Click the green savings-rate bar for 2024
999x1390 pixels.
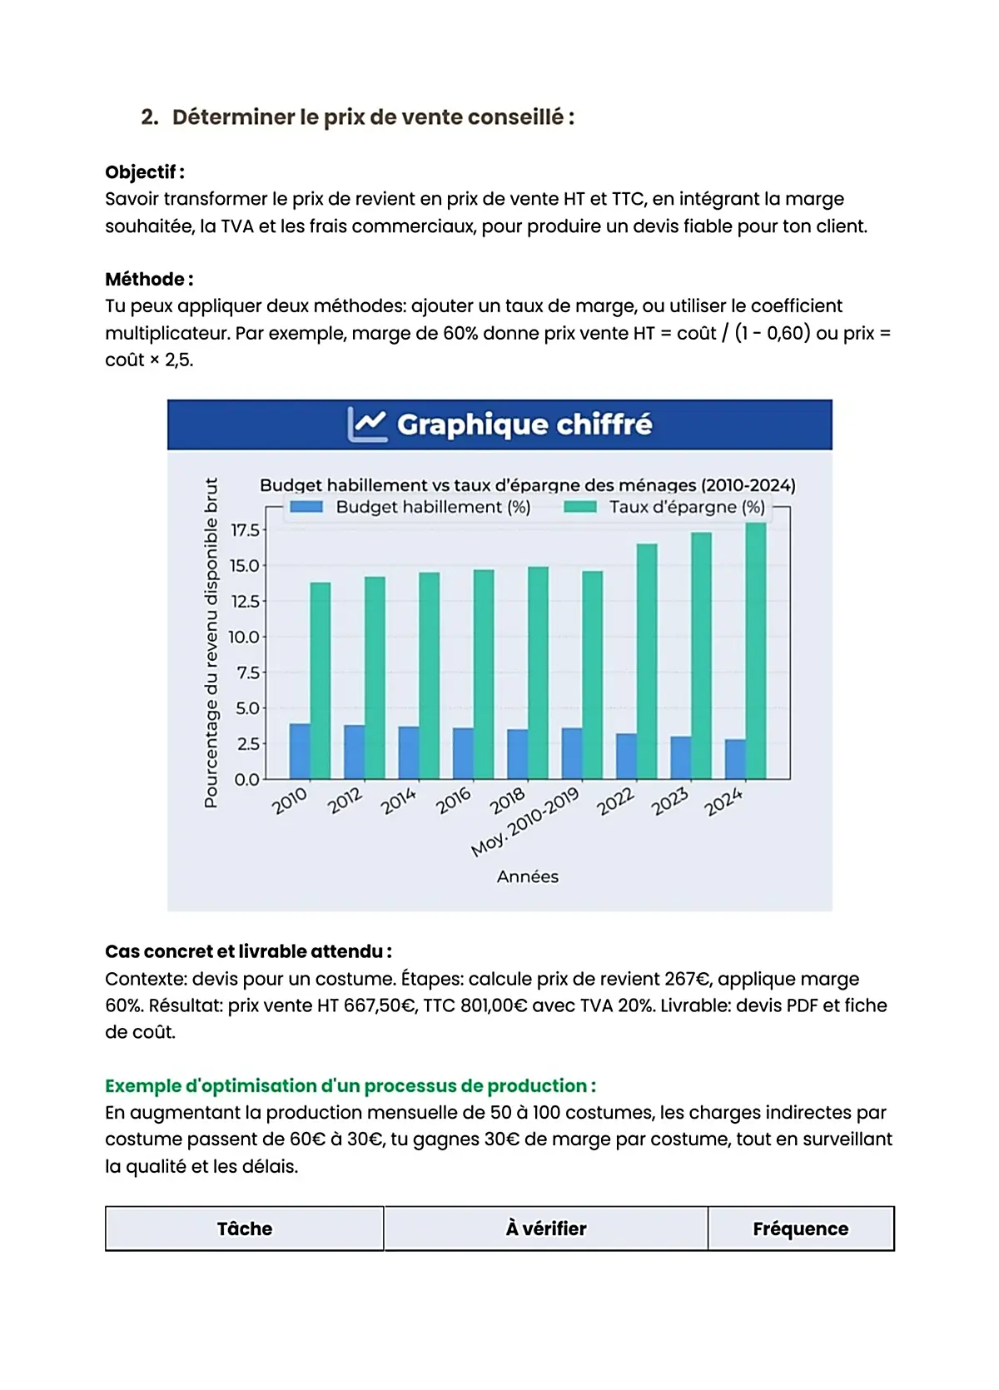tap(756, 651)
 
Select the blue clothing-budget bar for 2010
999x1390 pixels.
tap(300, 751)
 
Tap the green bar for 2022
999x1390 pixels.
tap(647, 661)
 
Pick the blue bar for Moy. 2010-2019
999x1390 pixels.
tap(572, 753)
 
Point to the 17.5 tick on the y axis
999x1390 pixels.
tap(245, 530)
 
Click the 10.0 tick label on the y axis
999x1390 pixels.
tap(244, 637)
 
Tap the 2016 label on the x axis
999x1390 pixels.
tap(454, 801)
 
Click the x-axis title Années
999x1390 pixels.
tap(527, 876)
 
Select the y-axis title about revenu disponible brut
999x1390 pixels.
tap(211, 642)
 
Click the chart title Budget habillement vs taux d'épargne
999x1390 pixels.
tap(527, 484)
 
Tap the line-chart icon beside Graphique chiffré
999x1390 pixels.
tap(366, 424)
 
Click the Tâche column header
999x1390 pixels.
tap(244, 1229)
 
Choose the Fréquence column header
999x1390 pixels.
tap(800, 1229)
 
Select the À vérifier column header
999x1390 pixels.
tap(545, 1229)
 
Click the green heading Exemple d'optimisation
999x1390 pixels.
tap(350, 1085)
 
